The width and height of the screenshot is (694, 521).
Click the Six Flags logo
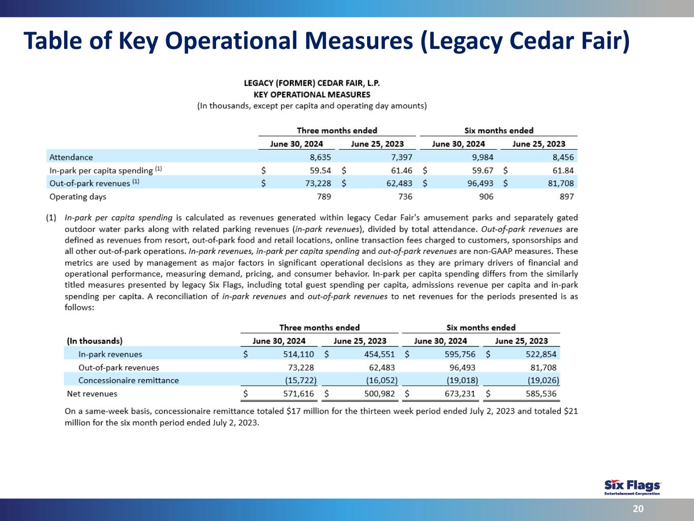[632, 486]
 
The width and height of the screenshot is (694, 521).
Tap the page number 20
[638, 509]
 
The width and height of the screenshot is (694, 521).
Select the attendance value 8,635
[320, 157]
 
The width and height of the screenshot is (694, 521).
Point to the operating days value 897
[566, 196]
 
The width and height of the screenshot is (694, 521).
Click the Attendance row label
[71, 157]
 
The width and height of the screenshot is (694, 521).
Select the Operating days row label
[78, 196]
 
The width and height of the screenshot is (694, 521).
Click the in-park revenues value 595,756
[460, 354]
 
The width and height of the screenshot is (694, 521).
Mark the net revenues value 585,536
[541, 393]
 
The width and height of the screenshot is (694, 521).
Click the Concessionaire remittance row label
[129, 380]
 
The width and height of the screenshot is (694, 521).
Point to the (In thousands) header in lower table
[95, 341]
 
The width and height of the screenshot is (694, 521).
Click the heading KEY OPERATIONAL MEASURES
[312, 94]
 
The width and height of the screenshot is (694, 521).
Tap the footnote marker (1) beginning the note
[51, 217]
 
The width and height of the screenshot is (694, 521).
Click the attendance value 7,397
[402, 157]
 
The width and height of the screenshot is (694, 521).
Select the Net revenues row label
[92, 393]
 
